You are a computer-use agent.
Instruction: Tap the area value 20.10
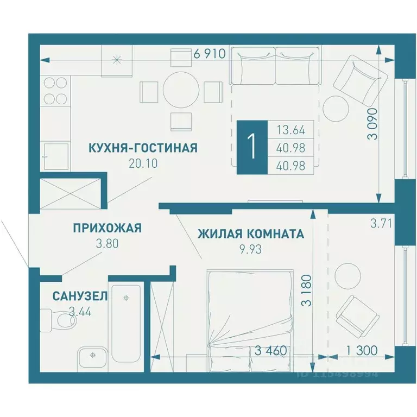(x=143, y=163)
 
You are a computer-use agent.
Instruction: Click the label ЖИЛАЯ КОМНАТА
(x=250, y=234)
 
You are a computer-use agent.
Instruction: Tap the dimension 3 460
(x=270, y=350)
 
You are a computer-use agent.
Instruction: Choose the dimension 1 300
(x=361, y=350)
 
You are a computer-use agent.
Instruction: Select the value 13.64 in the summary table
(x=290, y=130)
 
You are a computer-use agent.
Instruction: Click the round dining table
(x=181, y=90)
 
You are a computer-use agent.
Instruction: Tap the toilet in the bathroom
(x=59, y=320)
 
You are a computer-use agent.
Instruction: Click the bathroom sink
(x=93, y=357)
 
